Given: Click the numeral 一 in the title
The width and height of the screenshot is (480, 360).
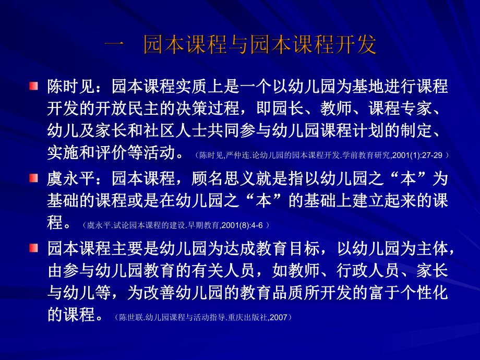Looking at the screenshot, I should coord(114,46).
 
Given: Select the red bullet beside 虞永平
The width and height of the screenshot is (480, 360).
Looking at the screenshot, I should coord(34,178).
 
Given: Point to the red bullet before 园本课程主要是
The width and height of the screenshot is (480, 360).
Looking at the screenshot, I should coord(34,247).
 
